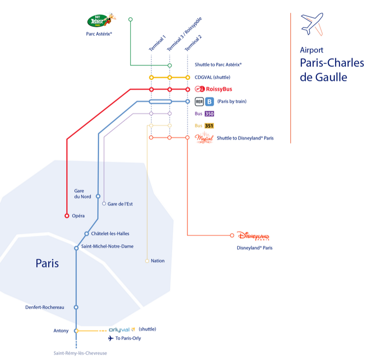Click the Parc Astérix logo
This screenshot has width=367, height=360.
tap(101, 20)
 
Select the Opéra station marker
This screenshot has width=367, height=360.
tap(67, 216)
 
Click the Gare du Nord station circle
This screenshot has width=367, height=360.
tap(98, 196)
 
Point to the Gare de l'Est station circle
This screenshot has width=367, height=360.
tap(104, 203)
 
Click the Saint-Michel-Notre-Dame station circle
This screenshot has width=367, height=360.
tap(76, 248)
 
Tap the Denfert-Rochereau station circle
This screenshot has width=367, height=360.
tap(76, 307)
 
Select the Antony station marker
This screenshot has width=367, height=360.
tap(76, 330)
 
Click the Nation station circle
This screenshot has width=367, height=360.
tap(147, 261)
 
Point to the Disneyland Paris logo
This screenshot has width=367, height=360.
tap(253, 236)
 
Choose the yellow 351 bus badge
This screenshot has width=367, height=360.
tap(209, 126)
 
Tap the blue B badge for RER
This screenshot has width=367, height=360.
tap(210, 102)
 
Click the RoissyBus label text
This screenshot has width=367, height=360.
tap(219, 89)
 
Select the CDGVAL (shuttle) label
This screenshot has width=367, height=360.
tap(212, 77)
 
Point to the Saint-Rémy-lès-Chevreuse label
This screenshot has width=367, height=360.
tap(80, 353)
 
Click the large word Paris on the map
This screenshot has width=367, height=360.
tap(47, 263)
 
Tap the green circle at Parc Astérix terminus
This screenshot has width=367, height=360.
tap(130, 19)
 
